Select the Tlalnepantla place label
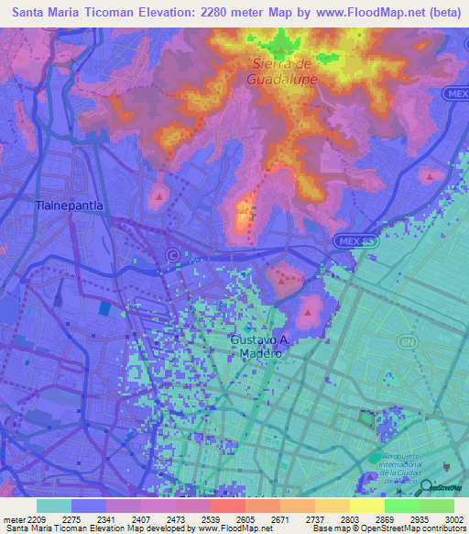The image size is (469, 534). [x=69, y=206]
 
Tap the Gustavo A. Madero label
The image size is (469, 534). [x=259, y=347]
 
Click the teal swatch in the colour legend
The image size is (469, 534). [x=54, y=505]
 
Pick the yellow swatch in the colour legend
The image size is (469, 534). [x=367, y=505]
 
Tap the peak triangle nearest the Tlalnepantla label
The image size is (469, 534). [x=161, y=195]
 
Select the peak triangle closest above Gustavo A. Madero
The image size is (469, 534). [x=309, y=312]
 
